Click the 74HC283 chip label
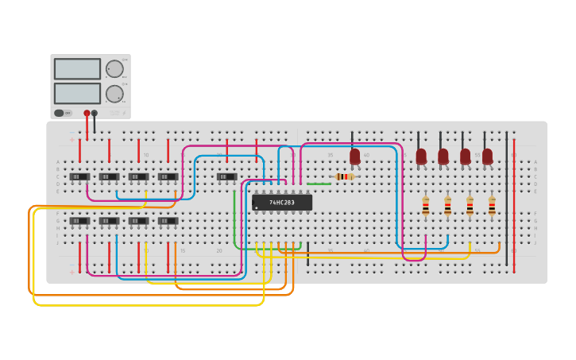[282, 203]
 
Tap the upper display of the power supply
[77, 69]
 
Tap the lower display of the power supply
[77, 93]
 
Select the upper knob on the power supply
[114, 69]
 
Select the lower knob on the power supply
[114, 94]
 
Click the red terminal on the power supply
[87, 114]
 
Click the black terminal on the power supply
[95, 114]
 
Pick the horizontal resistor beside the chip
[343, 176]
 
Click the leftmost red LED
[354, 157]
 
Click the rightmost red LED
[487, 157]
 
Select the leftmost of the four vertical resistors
[426, 206]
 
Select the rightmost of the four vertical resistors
[492, 206]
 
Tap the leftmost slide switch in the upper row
[79, 176]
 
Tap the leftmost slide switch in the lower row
[79, 221]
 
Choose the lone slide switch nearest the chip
[226, 176]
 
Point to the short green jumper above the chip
[319, 184]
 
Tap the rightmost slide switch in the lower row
[168, 221]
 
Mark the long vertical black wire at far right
[506, 199]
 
